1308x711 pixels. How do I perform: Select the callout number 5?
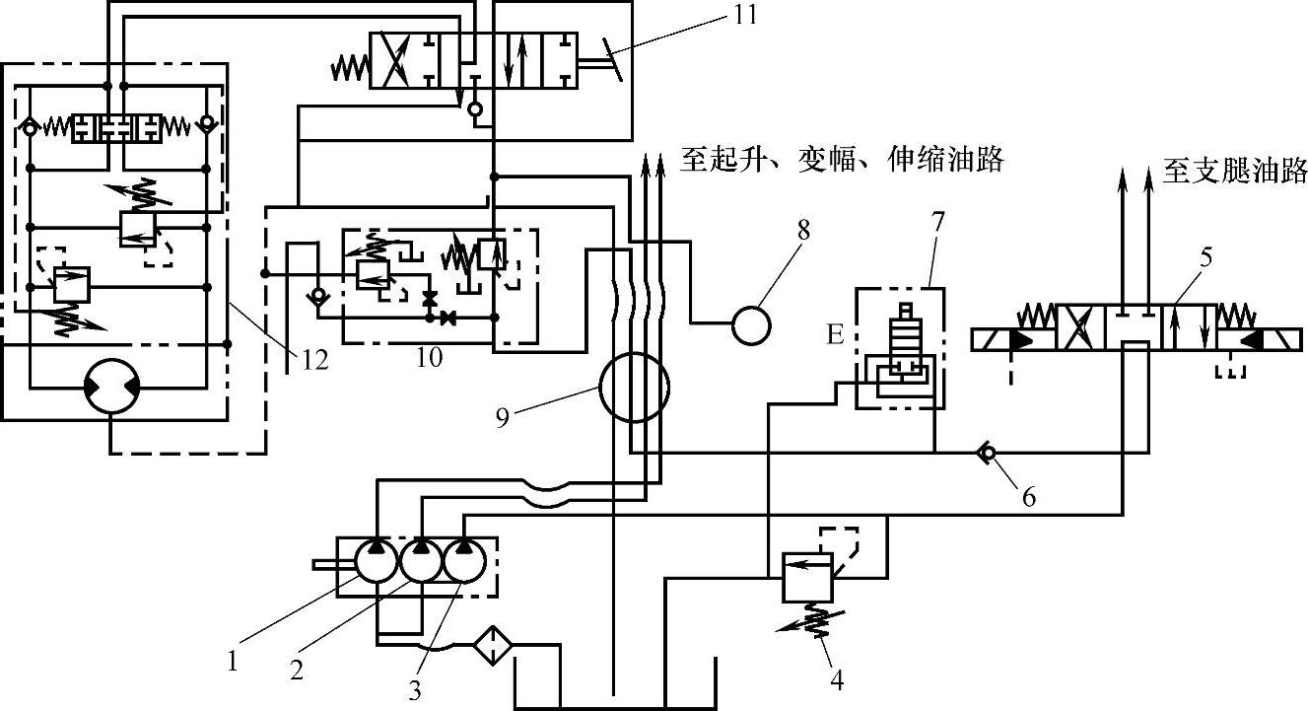pyautogui.click(x=1205, y=258)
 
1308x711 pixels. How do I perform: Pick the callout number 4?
pyautogui.click(x=836, y=680)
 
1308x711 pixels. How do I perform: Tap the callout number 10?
pyautogui.click(x=429, y=356)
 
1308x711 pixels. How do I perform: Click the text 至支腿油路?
pyautogui.click(x=1234, y=172)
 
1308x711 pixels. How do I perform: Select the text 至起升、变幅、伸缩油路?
pyautogui.click(x=841, y=160)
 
